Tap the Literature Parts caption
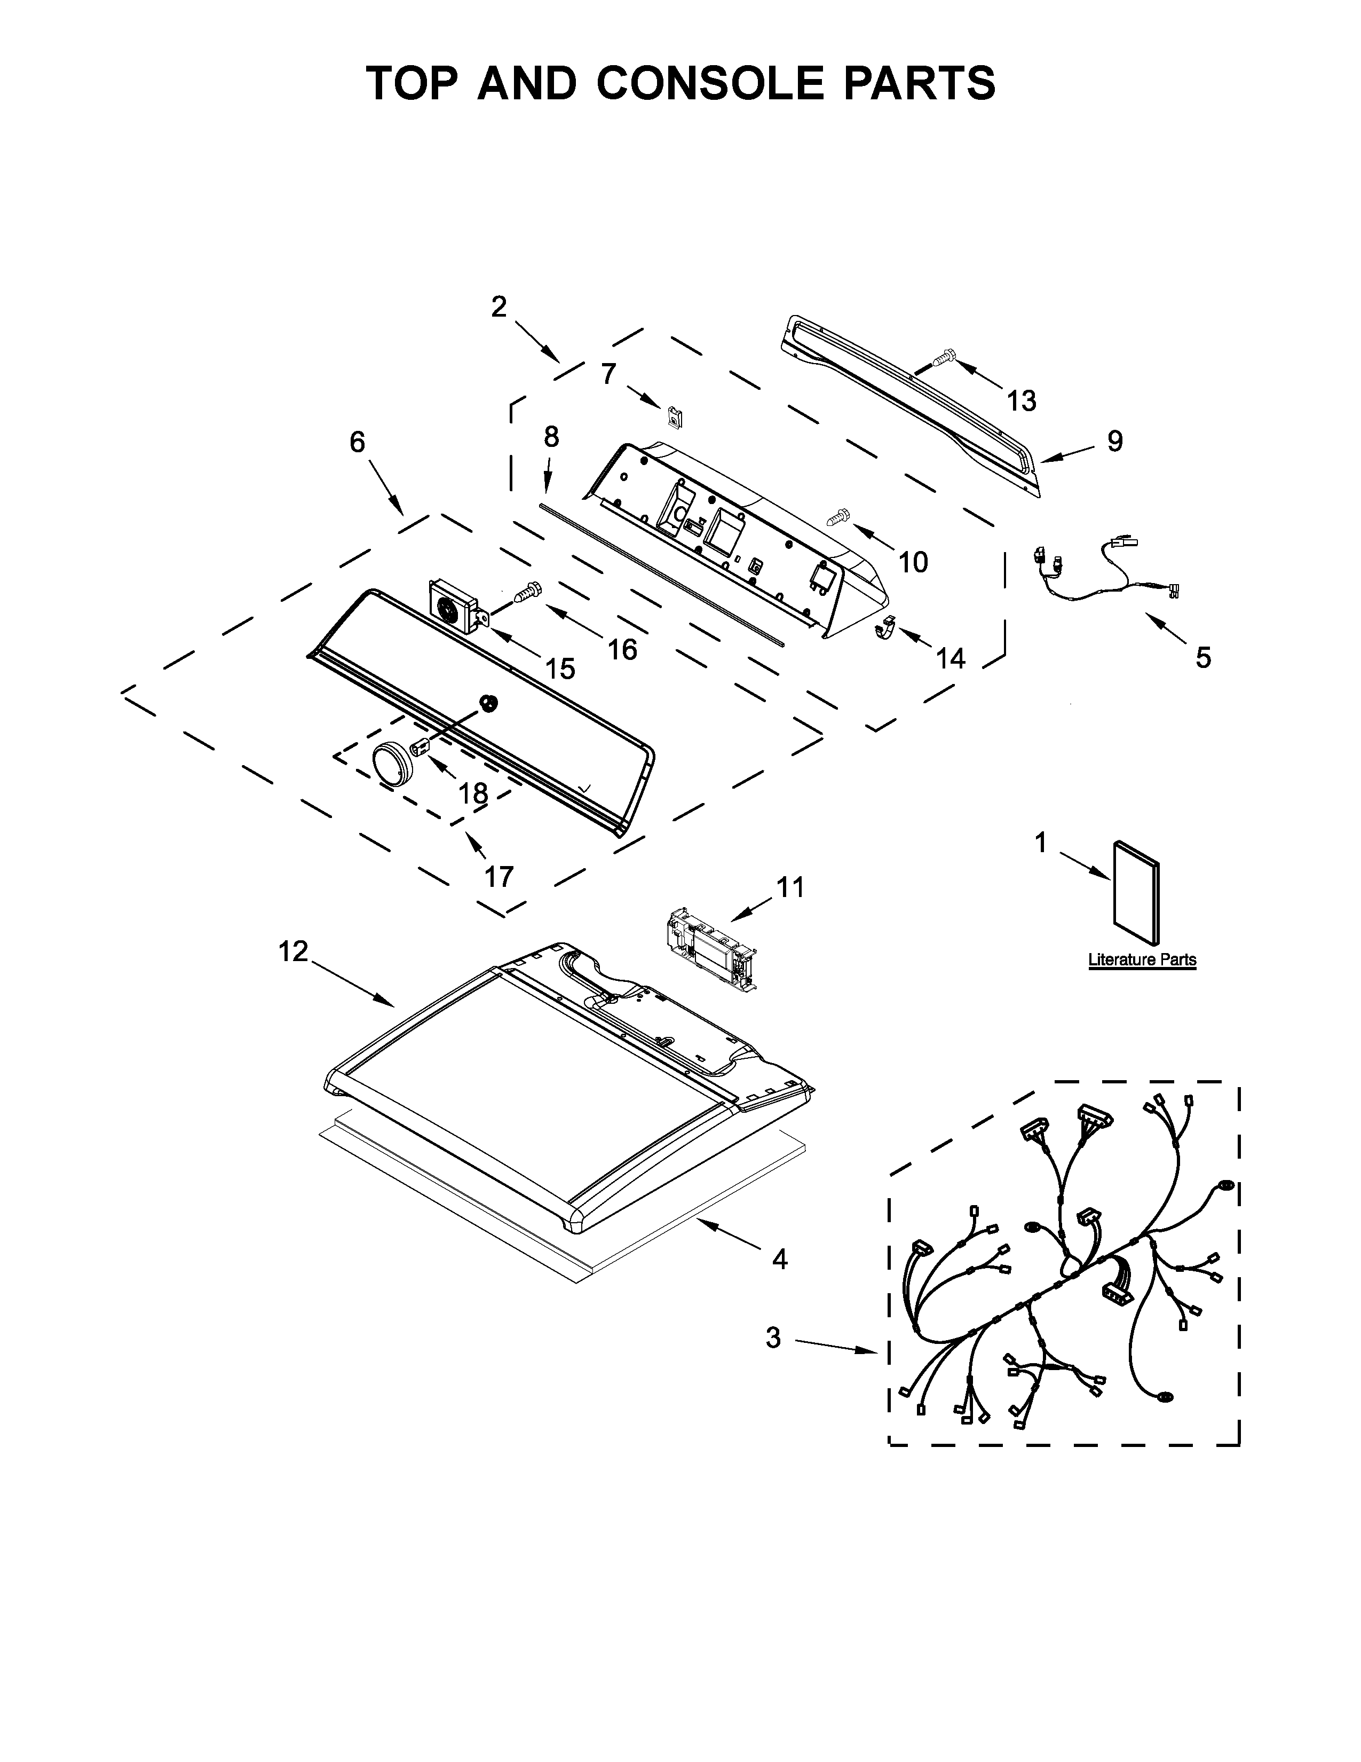(1142, 960)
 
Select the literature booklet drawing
(1136, 893)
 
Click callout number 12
(294, 952)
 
